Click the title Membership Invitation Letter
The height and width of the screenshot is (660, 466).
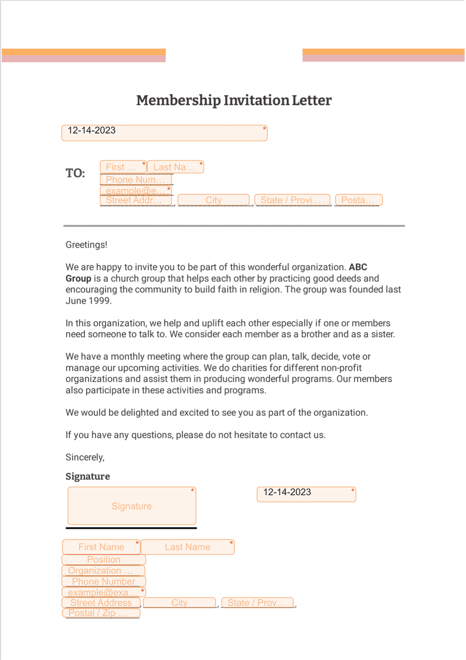pyautogui.click(x=233, y=100)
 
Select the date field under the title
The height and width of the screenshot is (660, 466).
pyautogui.click(x=164, y=133)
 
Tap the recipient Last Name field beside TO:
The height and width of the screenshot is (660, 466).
pyautogui.click(x=175, y=167)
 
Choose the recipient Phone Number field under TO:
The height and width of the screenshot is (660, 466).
pyautogui.click(x=136, y=180)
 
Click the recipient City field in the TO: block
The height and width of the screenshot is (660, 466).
pyautogui.click(x=213, y=200)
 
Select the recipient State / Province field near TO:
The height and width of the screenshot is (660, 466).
pyautogui.click(x=292, y=200)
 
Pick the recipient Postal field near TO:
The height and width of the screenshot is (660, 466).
pyautogui.click(x=358, y=200)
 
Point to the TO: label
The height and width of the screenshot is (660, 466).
pyautogui.click(x=75, y=173)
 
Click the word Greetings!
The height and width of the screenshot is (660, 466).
pyautogui.click(x=86, y=245)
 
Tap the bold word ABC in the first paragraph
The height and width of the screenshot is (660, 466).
pyautogui.click(x=358, y=267)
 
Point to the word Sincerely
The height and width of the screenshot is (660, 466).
pyautogui.click(x=84, y=457)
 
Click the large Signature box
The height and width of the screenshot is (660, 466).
pyautogui.click(x=132, y=506)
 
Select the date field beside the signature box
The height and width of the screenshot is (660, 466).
pyautogui.click(x=306, y=494)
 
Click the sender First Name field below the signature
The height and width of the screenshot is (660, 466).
pyautogui.click(x=101, y=547)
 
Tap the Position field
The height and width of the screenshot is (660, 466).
pyautogui.click(x=104, y=560)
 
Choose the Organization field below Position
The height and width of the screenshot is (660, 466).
pyautogui.click(x=103, y=571)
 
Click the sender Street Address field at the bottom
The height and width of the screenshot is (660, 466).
pyautogui.click(x=101, y=603)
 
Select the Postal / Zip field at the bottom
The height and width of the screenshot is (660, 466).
pyautogui.click(x=101, y=613)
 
